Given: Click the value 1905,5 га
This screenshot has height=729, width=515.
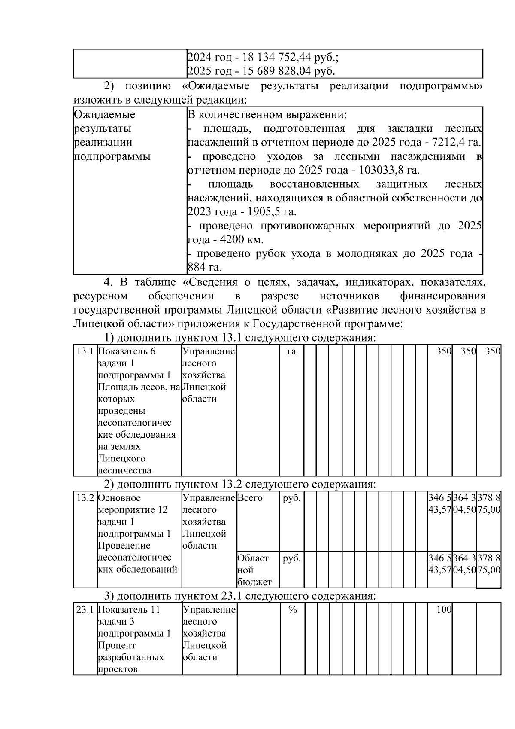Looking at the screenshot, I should (275, 212).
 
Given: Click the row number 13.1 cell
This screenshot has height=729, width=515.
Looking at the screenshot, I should (85, 351).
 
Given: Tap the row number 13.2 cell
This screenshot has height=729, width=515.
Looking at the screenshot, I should (85, 498).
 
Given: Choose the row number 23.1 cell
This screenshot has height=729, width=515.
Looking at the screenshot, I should (85, 610).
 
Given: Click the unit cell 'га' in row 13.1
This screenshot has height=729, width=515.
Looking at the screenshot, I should (291, 351).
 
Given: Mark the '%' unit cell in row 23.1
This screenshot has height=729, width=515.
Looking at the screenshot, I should (292, 610).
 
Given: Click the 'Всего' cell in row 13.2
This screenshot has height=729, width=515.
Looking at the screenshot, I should (250, 498).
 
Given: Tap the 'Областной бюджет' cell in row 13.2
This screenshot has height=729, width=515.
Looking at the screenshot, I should (254, 570).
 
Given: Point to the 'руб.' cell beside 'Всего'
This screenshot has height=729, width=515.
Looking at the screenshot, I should (292, 498).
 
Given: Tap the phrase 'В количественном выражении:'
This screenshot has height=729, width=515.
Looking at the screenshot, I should (267, 115).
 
